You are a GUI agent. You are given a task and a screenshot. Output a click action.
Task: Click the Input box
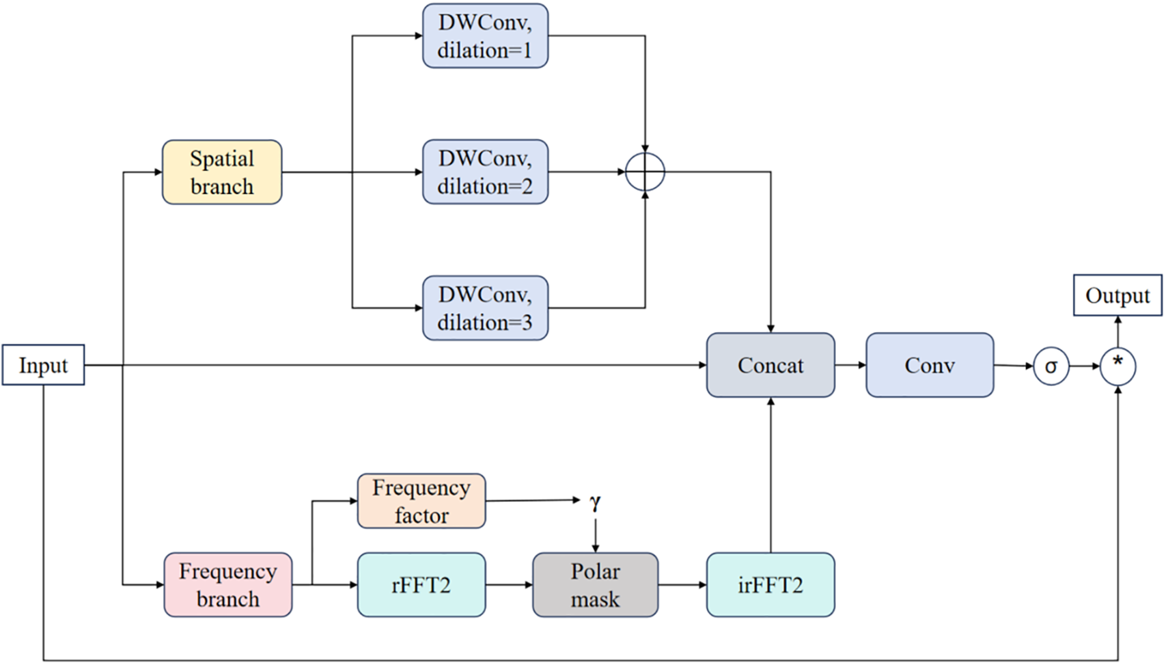point(43,364)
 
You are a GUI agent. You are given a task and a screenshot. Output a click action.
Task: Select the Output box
point(1117,295)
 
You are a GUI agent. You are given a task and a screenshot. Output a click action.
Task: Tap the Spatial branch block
point(222,172)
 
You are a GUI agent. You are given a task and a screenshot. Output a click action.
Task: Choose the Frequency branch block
point(228,585)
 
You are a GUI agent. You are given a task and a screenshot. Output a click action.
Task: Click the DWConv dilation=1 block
point(485,36)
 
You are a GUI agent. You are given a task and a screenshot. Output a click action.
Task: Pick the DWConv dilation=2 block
point(485,172)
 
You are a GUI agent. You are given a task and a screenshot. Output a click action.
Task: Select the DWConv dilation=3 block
point(485,308)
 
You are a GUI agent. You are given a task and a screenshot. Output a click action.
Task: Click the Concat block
point(771,365)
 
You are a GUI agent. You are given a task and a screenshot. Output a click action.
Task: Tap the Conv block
point(930,365)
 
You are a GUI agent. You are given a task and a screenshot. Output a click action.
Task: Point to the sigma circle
point(1051,366)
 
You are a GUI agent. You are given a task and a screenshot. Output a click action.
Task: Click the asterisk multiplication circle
point(1118,366)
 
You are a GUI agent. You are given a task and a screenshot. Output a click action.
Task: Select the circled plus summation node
point(645,172)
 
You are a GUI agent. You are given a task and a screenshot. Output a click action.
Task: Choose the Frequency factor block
point(421,501)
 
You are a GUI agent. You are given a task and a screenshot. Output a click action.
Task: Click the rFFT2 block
point(421,585)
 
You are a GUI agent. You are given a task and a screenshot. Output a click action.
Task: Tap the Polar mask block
point(596,585)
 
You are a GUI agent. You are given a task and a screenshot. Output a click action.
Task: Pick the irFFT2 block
point(771,585)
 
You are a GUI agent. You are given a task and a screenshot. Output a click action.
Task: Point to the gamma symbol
point(595,502)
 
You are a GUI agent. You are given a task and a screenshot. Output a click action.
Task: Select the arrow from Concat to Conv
point(850,365)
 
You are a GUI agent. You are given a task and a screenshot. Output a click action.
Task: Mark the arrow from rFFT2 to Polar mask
point(509,585)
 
